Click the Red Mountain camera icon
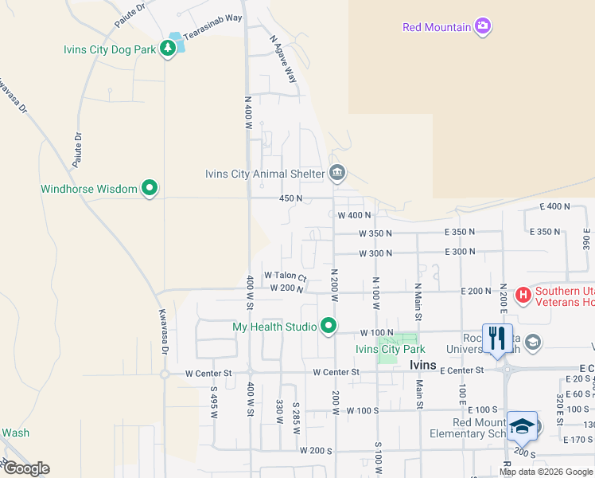[x=483, y=27]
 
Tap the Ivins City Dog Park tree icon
[x=168, y=49]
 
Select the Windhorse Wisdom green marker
[x=149, y=189]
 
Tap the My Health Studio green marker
[x=329, y=326]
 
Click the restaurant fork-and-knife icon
[x=497, y=337]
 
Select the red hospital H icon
[x=523, y=296]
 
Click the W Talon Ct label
[x=286, y=276]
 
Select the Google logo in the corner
[x=25, y=468]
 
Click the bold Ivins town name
[x=422, y=364]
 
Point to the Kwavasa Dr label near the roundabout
[x=162, y=332]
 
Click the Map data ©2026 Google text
[x=546, y=472]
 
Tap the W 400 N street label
[x=355, y=215]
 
